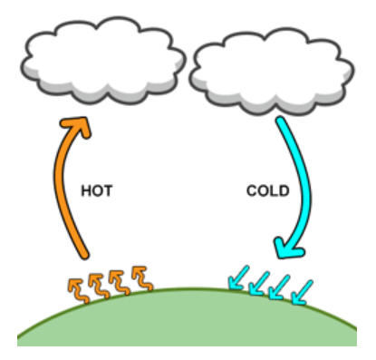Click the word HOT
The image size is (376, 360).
pyautogui.click(x=97, y=191)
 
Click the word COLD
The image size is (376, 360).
pyautogui.click(x=268, y=191)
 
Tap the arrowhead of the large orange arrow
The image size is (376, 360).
pyautogui.click(x=77, y=126)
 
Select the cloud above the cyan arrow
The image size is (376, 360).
pyautogui.click(x=272, y=72)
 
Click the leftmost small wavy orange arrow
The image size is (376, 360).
pyautogui.click(x=78, y=290)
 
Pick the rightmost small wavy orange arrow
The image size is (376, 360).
pyautogui.click(x=142, y=278)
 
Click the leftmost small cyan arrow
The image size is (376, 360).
pyautogui.click(x=238, y=277)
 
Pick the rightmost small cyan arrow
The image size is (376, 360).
pyautogui.click(x=302, y=292)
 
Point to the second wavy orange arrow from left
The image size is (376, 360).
pyautogui.click(x=99, y=286)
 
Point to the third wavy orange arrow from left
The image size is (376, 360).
pyautogui.click(x=120, y=282)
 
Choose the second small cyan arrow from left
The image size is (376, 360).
pyautogui.click(x=259, y=284)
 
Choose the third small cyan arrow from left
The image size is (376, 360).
pyautogui.click(x=279, y=287)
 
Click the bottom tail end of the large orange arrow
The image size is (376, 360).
pyautogui.click(x=85, y=256)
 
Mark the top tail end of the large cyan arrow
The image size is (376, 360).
pyautogui.click(x=281, y=121)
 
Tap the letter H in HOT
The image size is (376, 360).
pyautogui.click(x=86, y=191)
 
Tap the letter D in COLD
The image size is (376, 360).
pyautogui.click(x=284, y=191)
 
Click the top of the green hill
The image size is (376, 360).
pyautogui.click(x=188, y=288)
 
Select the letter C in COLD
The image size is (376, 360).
pyautogui.click(x=252, y=191)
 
